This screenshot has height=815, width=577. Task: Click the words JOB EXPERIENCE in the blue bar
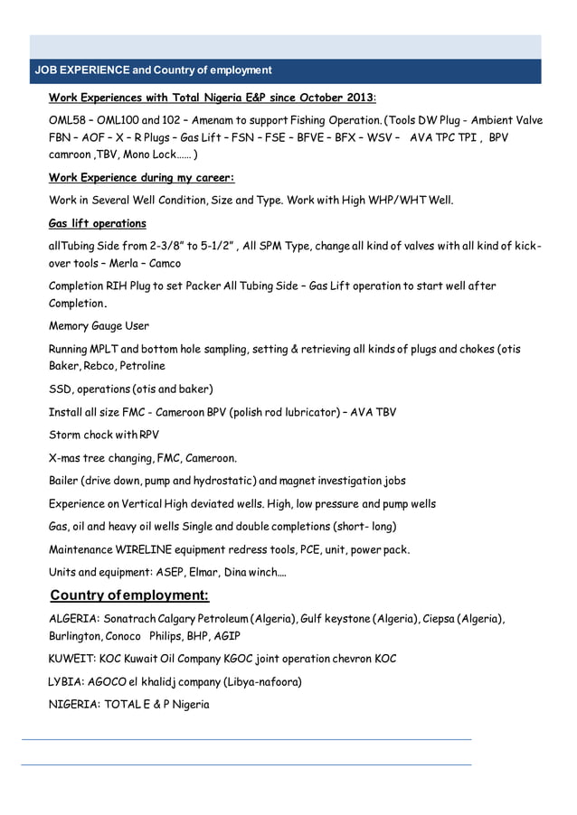point(81,70)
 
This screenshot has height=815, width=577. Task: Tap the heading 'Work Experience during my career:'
point(141,177)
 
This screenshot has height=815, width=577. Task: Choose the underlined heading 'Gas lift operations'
point(97,223)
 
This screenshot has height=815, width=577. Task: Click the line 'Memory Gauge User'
point(99,326)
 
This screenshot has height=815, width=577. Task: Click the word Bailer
point(65,481)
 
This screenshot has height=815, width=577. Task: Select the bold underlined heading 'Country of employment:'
point(129,595)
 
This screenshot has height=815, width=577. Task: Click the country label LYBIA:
point(65,681)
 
